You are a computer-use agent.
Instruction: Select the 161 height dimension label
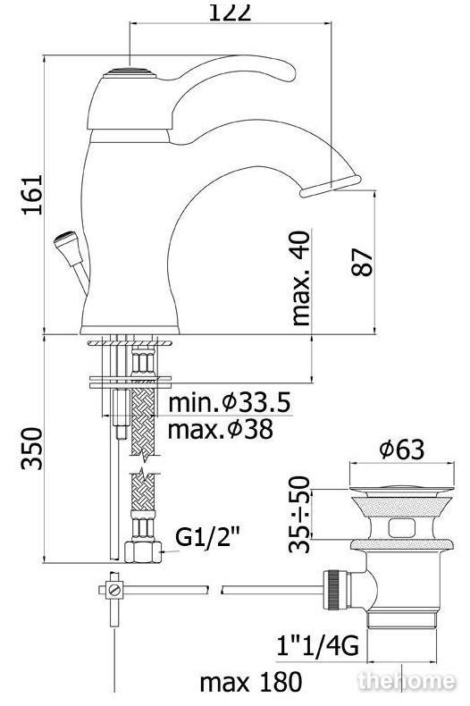point(32,195)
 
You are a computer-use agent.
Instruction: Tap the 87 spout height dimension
point(363,262)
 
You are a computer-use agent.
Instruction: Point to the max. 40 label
point(301,278)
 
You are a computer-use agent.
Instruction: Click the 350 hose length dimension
point(32,449)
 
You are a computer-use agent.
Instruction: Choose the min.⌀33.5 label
point(230,402)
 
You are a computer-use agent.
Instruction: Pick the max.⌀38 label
point(221,429)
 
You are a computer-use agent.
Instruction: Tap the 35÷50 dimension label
point(300,514)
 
